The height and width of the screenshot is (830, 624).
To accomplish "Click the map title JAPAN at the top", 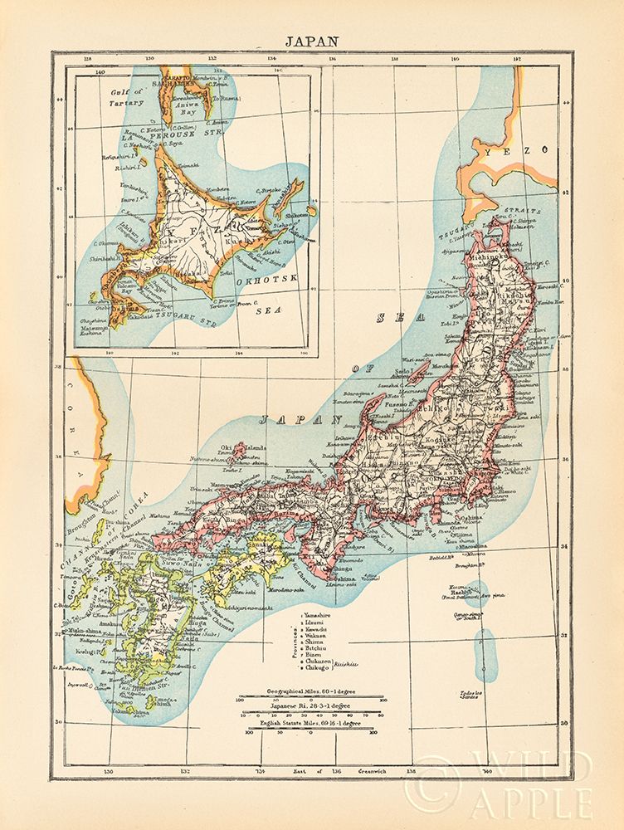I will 312,38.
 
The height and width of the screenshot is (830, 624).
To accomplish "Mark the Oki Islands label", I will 250,449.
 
